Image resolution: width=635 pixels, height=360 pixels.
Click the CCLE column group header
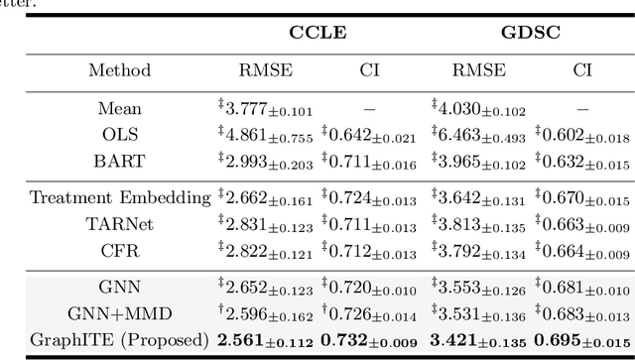317,33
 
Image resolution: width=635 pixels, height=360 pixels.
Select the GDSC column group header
531,33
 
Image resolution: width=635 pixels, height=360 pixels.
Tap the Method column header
119,70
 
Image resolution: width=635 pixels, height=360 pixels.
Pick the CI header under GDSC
581,70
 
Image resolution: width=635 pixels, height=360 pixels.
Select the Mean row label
119,108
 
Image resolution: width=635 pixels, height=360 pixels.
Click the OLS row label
119,133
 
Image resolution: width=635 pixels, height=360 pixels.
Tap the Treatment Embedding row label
119,197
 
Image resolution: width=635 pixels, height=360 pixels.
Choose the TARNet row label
119,222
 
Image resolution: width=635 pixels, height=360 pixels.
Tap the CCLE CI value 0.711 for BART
368,159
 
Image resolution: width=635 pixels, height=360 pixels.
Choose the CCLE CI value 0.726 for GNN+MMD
368,312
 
